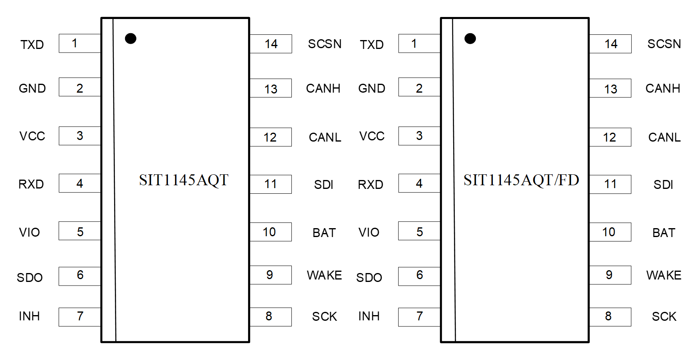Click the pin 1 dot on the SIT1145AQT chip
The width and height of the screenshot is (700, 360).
coord(130,38)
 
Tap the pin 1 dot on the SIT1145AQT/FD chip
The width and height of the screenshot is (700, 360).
coord(470,38)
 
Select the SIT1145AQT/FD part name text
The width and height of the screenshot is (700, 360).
coord(521,180)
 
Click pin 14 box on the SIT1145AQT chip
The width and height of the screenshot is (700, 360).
coord(271,44)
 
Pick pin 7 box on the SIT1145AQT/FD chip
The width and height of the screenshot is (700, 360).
coord(419,317)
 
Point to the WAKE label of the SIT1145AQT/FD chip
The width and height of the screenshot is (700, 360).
coord(664,275)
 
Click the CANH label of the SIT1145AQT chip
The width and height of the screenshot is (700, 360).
coord(323,89)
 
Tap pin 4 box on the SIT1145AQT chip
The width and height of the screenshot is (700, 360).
coord(80,183)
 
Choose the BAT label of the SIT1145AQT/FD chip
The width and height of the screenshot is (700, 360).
coord(664,233)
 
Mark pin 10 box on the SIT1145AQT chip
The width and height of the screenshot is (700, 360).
coord(270,232)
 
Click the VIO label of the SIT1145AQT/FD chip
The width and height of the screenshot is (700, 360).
coord(369,233)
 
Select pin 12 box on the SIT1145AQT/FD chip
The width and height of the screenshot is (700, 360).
coord(610,137)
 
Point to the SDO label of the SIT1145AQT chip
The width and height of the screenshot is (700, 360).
coord(30,277)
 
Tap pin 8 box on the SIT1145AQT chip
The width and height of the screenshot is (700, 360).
coord(270,317)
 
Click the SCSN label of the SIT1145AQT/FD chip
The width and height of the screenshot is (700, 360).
coord(664,44)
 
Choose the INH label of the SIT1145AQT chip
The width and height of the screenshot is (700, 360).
coord(29,316)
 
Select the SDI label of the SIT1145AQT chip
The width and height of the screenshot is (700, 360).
coord(324,185)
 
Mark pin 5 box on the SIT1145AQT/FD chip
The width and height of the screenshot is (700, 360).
coord(419,231)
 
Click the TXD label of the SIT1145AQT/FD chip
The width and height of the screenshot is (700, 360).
coord(371,44)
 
